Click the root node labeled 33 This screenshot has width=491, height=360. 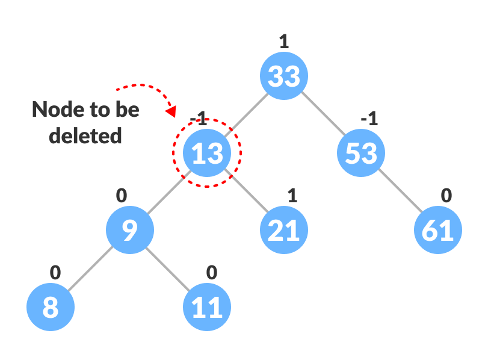(284, 76)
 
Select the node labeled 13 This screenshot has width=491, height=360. (207, 154)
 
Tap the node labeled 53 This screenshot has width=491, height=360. (361, 154)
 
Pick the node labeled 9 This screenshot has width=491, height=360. (130, 231)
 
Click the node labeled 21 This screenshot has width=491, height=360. (284, 231)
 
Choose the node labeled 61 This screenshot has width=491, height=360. (438, 231)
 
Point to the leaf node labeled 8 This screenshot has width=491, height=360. (51, 308)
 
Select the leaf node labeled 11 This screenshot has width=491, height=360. (207, 308)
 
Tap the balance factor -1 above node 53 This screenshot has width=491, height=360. (368, 119)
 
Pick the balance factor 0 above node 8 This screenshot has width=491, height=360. (55, 272)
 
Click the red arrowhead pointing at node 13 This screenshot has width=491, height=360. (171, 111)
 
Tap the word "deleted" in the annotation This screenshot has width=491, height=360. (85, 135)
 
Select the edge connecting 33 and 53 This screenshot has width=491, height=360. (323, 115)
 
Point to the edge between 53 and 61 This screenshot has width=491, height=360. (400, 192)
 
